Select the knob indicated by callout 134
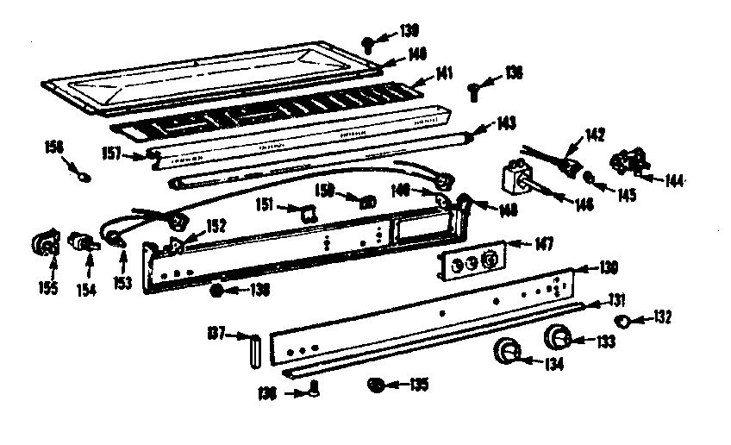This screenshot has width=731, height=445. (x=508, y=353)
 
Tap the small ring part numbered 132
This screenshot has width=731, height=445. (x=623, y=322)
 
